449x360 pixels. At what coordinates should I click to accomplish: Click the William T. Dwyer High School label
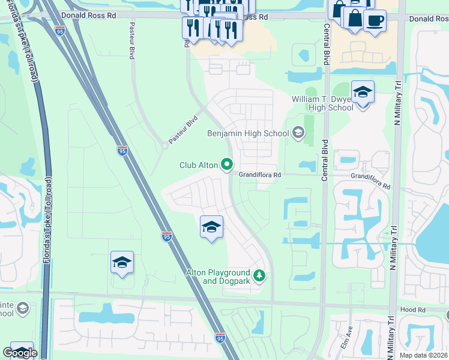[322, 103]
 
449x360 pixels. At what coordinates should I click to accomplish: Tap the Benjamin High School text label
[248, 133]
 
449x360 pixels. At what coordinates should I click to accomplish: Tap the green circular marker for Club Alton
[227, 164]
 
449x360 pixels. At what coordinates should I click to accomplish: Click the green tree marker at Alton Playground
[259, 276]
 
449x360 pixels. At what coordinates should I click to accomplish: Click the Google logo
[20, 353]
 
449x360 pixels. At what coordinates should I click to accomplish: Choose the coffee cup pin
[375, 21]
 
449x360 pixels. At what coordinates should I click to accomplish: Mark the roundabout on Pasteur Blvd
[164, 145]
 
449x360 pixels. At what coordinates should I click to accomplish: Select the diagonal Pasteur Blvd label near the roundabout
[182, 130]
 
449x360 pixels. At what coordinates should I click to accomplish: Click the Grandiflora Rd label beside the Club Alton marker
[261, 175]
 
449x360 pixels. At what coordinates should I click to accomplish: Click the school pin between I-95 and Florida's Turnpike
[122, 263]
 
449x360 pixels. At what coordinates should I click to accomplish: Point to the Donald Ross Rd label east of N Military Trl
[429, 19]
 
